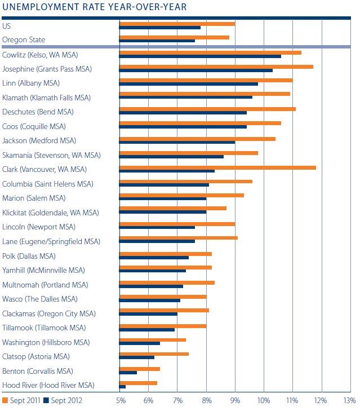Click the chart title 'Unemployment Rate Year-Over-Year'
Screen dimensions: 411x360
pyautogui.click(x=95, y=7)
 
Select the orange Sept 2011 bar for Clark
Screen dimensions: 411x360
pyautogui.click(x=217, y=167)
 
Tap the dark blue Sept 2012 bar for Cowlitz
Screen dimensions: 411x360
pyautogui.click(x=200, y=56)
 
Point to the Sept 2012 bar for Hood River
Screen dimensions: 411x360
pyautogui.click(x=122, y=387)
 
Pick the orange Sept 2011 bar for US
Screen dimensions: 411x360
pyautogui.click(x=177, y=24)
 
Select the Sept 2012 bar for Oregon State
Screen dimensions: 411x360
pyautogui.click(x=157, y=41)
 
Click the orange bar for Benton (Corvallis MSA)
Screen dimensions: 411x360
pyautogui.click(x=140, y=369)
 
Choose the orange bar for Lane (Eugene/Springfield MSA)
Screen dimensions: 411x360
pyautogui.click(x=178, y=239)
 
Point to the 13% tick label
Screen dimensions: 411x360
pyautogui.click(x=350, y=400)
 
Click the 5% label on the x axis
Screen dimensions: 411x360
pyautogui.click(x=121, y=400)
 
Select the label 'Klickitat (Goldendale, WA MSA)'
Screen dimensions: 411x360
pyautogui.click(x=50, y=213)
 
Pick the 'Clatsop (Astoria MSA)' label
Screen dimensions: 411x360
pyautogui.click(x=36, y=356)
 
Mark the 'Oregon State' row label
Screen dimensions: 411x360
pyautogui.click(x=24, y=39)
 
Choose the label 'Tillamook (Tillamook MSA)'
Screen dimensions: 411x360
pyautogui.click(x=44, y=328)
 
